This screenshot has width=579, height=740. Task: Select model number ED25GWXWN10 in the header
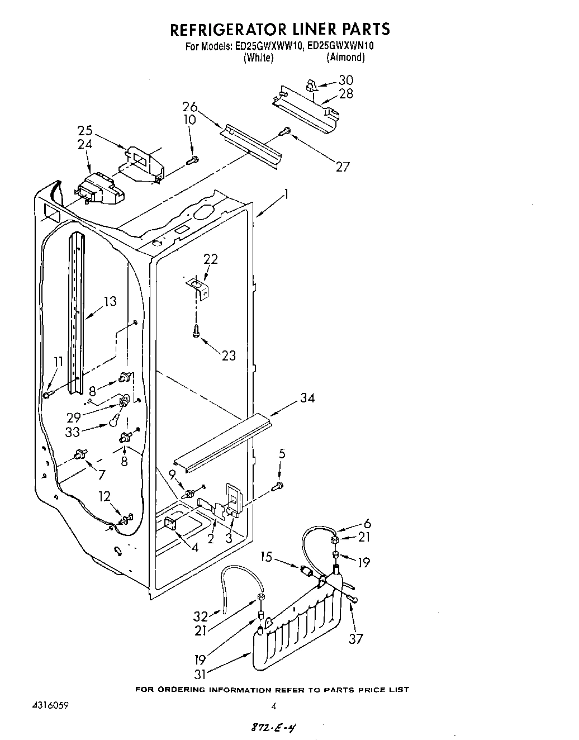click(x=340, y=46)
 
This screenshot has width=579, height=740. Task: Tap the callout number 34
click(x=307, y=398)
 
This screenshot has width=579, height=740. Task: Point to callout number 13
click(x=110, y=302)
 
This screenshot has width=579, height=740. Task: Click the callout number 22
click(x=210, y=259)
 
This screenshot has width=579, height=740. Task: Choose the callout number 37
click(x=355, y=639)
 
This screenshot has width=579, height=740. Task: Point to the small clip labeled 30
click(x=311, y=86)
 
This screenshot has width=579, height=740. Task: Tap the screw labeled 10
click(x=192, y=160)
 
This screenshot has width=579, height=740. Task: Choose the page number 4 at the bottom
click(x=273, y=706)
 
